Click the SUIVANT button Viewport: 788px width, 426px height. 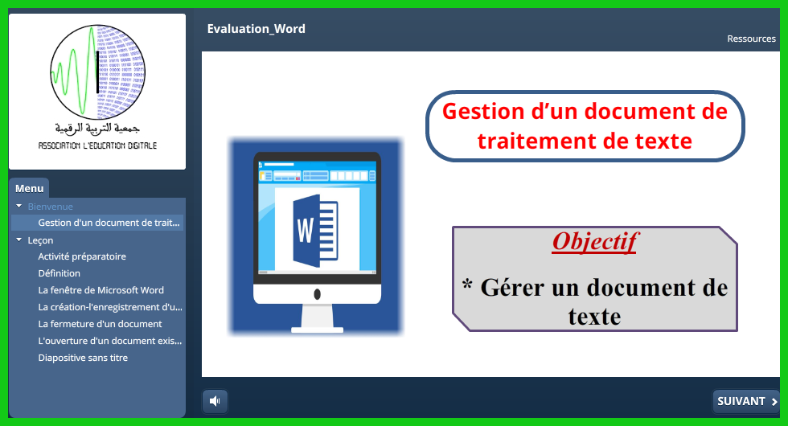pyautogui.click(x=746, y=401)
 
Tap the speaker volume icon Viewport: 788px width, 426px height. pyautogui.click(x=215, y=401)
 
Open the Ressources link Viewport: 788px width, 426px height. pyautogui.click(x=751, y=39)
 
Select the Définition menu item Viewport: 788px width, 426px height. pyautogui.click(x=60, y=273)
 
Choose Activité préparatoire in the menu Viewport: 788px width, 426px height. pyautogui.click(x=82, y=256)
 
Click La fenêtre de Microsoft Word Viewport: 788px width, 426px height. pyautogui.click(x=101, y=290)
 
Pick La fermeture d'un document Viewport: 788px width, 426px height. pyautogui.click(x=100, y=324)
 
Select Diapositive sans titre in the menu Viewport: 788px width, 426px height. pyautogui.click(x=83, y=358)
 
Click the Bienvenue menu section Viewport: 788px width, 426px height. pyautogui.click(x=50, y=207)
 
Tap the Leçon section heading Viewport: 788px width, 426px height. pyautogui.click(x=40, y=240)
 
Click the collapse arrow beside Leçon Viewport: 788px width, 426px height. pyautogui.click(x=19, y=240)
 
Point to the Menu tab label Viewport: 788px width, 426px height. pyautogui.click(x=29, y=188)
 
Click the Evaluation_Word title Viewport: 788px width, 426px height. pyautogui.click(x=257, y=29)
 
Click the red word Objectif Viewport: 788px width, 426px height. pyautogui.click(x=595, y=242)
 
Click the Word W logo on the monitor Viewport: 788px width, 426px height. pyautogui.click(x=315, y=231)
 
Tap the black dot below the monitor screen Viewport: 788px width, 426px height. pyautogui.click(x=317, y=294)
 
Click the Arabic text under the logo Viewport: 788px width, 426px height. pyautogui.click(x=97, y=129)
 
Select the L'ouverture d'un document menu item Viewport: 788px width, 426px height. pyautogui.click(x=110, y=341)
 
